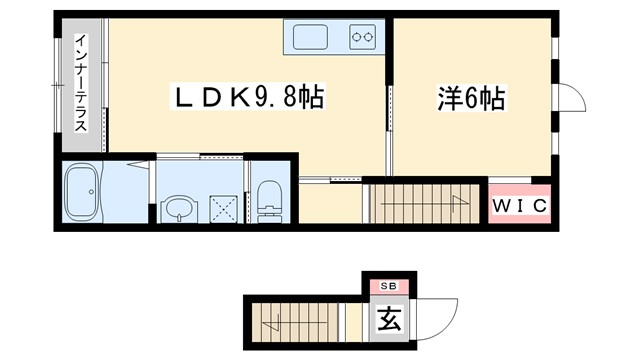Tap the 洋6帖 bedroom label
pos(470,98)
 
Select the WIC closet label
pos(519,207)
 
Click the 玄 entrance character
pos(387,321)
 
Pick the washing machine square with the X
pos(224,209)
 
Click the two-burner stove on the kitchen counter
pos(361,39)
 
